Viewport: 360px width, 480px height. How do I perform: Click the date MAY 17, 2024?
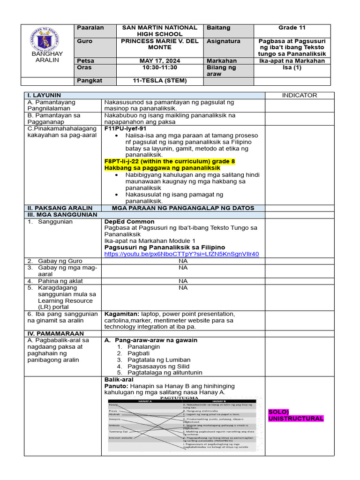160,61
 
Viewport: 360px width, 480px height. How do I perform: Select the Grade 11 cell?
292,28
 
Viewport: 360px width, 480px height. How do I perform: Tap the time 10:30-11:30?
160,67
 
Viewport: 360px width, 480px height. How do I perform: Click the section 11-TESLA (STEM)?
160,81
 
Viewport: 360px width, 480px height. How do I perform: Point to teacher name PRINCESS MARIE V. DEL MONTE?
160,45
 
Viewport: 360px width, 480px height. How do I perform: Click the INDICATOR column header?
300,95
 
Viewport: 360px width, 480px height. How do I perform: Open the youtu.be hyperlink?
181,254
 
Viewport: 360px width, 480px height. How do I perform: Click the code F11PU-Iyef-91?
126,128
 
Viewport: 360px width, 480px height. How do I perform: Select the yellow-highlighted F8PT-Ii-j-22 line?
169,161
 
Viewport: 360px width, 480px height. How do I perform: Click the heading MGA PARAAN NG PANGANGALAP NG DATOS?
183,208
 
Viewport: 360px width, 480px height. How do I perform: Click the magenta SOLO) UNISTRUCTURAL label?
295,415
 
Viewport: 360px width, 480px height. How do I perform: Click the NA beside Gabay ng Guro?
183,261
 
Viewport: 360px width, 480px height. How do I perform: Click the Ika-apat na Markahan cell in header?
292,61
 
